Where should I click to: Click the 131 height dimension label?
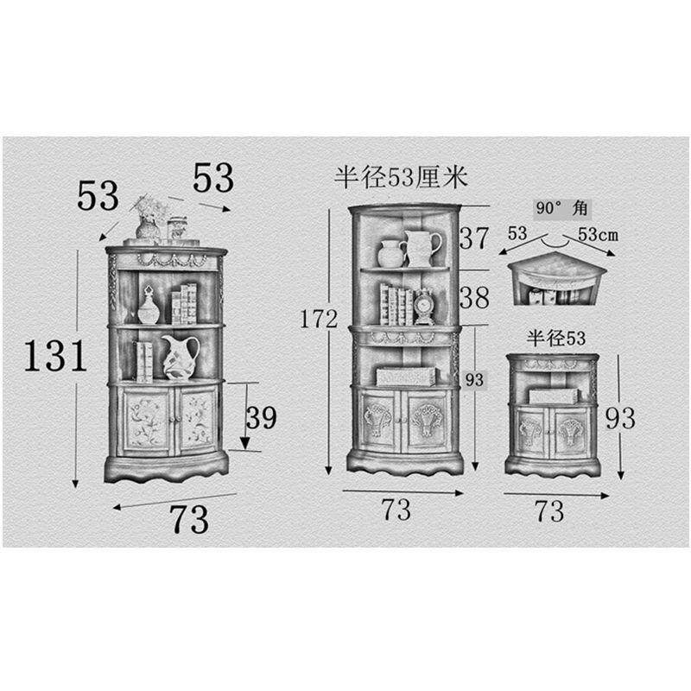(55, 356)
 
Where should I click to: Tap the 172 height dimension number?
(319, 319)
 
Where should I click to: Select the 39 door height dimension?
(262, 417)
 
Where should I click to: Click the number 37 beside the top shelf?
(474, 238)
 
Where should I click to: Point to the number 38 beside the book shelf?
(474, 297)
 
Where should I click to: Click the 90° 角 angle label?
(562, 207)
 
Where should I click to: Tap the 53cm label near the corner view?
(598, 234)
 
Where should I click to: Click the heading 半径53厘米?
(400, 177)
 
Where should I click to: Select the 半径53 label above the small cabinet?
(555, 339)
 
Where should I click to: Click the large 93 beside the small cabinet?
(620, 418)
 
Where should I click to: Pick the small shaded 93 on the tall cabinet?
(474, 379)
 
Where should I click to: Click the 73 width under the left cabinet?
(189, 520)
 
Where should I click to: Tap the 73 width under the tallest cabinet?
(396, 510)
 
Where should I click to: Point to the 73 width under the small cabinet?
(549, 511)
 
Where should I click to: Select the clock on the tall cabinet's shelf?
(423, 307)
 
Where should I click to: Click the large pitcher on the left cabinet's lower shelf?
(180, 357)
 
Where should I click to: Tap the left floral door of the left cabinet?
(145, 422)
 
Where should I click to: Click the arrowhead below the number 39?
(246, 443)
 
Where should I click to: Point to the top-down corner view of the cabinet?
(556, 279)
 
